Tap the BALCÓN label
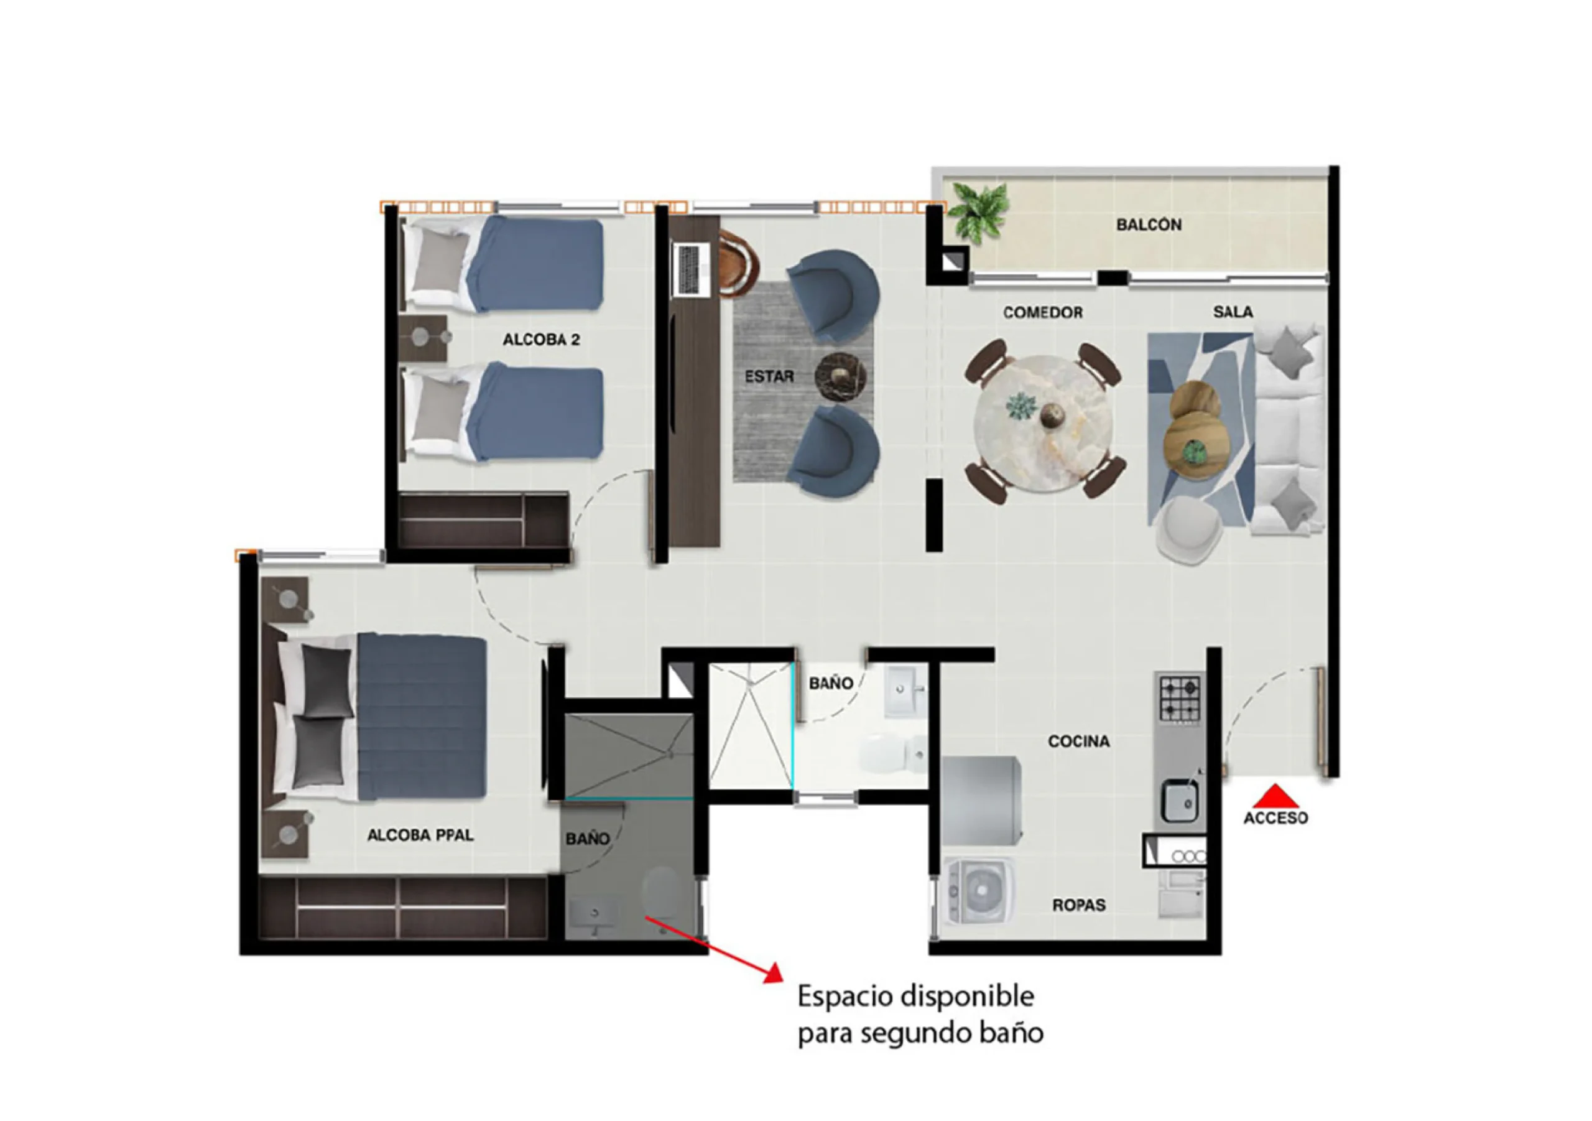pos(1149,224)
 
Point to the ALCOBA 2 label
pos(541,339)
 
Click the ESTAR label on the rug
pos(769,376)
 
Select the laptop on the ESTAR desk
pos(692,269)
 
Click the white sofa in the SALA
pos(1289,430)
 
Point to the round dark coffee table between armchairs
pos(840,376)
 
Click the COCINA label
pos(1079,742)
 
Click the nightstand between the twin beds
pos(423,338)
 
